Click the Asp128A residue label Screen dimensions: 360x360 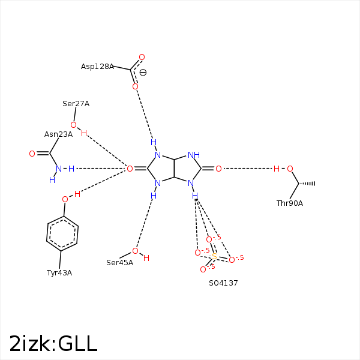coord(97,67)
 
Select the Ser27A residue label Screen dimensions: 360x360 coord(76,104)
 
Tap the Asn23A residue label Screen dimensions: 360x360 coord(58,134)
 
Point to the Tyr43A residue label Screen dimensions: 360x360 coord(59,273)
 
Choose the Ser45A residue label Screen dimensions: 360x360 coord(119,263)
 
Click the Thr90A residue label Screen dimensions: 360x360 coord(289,203)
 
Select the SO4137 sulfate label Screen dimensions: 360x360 coord(223,283)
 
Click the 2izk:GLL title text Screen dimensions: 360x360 coord(53,343)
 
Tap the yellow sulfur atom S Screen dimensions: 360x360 coord(214,257)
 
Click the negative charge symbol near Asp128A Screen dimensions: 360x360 coord(143,73)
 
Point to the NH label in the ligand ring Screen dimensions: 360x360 coord(193,155)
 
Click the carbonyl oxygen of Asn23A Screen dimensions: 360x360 coord(32,154)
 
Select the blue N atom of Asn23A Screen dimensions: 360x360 coord(58,169)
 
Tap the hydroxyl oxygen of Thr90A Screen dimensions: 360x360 coord(290,169)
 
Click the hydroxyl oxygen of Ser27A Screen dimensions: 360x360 coord(73,125)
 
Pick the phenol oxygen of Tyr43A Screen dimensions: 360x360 coord(65,199)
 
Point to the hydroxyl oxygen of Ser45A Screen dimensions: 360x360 coord(135,251)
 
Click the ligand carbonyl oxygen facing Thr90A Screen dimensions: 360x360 coord(218,169)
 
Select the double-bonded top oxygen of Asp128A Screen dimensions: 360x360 coord(142,58)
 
